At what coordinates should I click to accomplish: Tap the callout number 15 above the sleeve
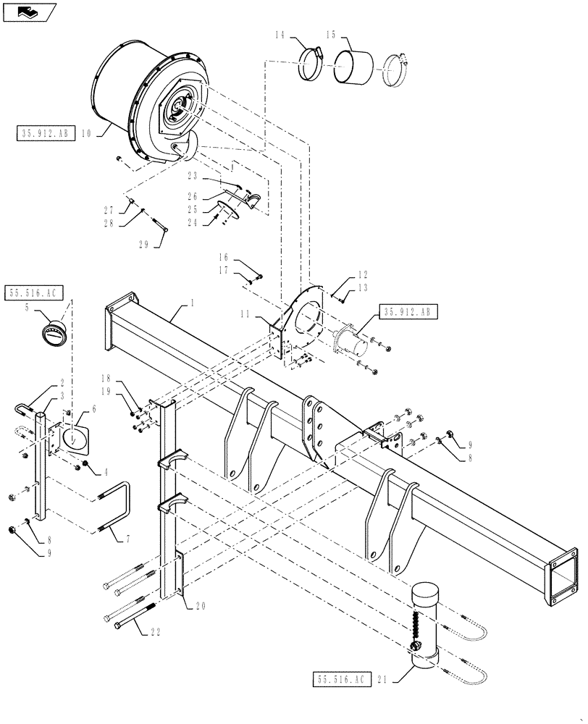(329, 34)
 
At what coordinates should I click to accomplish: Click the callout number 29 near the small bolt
(143, 245)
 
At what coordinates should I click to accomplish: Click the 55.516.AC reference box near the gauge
(35, 293)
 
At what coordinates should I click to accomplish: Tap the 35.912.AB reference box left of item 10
(43, 133)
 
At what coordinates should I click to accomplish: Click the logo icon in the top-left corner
(28, 12)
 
